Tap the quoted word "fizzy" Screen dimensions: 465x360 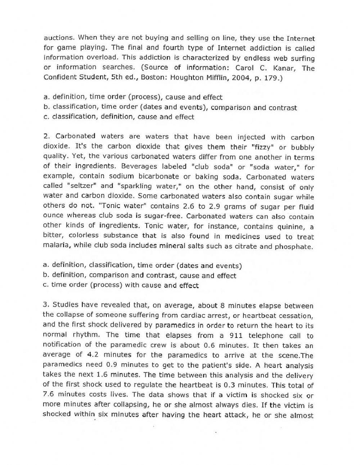click(x=261, y=147)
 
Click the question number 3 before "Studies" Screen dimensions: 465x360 click(x=45, y=305)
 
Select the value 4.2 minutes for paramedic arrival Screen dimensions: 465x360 click(x=93, y=355)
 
